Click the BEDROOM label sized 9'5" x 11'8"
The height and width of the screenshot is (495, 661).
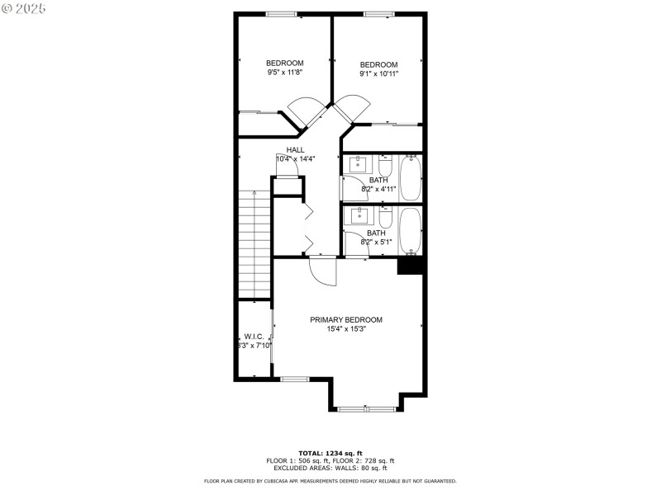click(284, 63)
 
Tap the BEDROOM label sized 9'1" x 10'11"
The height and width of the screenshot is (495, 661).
click(378, 64)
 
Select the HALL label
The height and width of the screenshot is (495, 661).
click(295, 149)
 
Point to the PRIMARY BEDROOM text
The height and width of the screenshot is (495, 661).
click(346, 319)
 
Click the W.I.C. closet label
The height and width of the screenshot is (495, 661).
click(253, 337)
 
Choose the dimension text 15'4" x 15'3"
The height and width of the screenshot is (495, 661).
click(346, 329)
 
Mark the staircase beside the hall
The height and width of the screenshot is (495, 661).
click(254, 243)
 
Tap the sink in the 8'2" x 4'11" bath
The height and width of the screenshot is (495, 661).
click(359, 163)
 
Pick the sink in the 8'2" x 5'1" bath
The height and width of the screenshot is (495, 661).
click(359, 216)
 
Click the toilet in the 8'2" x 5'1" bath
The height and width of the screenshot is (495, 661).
click(386, 217)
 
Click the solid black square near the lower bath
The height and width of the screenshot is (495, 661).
click(411, 266)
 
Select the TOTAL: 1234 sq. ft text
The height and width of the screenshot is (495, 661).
click(330, 453)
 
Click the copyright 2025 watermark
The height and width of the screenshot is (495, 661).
click(24, 7)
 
